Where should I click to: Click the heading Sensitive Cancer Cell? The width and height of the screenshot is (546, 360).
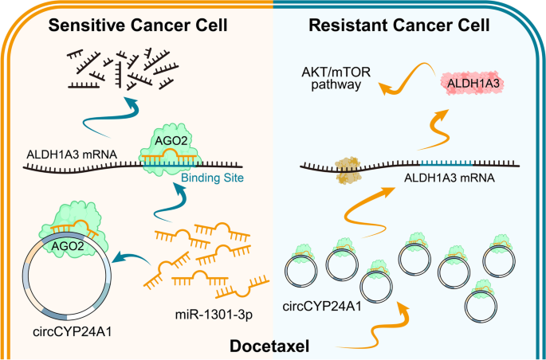click(138, 25)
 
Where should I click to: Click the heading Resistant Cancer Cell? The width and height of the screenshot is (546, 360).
click(399, 25)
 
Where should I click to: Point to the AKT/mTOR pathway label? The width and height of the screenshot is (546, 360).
click(336, 79)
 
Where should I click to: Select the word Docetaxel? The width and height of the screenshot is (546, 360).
click(269, 347)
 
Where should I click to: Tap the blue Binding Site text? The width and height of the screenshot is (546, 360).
click(212, 178)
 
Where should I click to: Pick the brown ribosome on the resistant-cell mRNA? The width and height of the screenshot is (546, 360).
click(347, 170)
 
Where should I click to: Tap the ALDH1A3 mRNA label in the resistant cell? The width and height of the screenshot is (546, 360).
click(449, 178)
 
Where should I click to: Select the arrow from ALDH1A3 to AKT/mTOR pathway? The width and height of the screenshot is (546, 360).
click(410, 77)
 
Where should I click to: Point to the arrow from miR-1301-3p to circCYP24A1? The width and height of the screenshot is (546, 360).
click(135, 257)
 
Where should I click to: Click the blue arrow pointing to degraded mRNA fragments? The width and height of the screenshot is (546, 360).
click(111, 115)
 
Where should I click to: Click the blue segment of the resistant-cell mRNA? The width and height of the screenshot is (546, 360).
click(446, 162)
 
